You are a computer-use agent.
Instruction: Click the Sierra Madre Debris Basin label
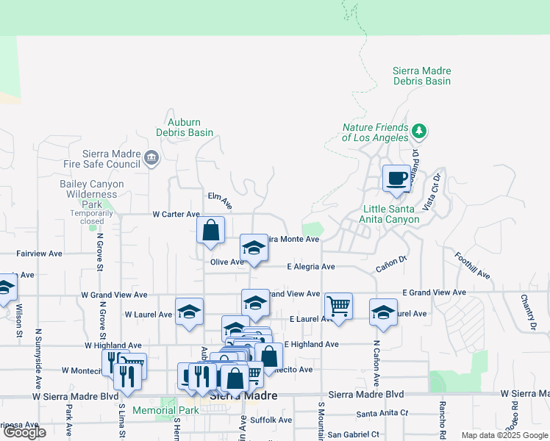[x=421, y=76]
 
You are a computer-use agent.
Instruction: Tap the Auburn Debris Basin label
[x=185, y=127]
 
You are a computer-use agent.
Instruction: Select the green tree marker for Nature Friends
[x=419, y=132]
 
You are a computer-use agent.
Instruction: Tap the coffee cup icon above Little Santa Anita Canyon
[x=396, y=179]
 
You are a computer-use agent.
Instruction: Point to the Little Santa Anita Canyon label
[x=391, y=214]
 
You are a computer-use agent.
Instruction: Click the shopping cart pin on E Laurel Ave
[x=338, y=305]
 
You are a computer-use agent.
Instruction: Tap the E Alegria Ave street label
[x=311, y=267]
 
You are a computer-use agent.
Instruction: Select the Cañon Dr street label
[x=392, y=263]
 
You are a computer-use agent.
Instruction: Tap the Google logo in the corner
[x=24, y=433]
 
